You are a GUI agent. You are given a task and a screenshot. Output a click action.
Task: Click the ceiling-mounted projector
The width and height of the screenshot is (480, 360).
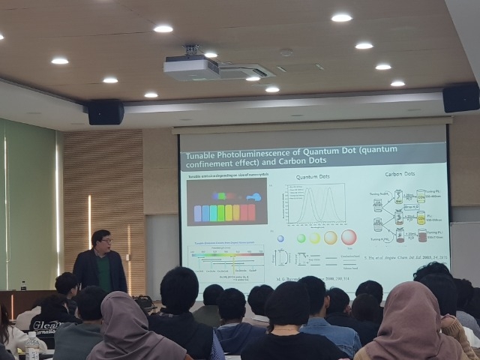coord(190,67)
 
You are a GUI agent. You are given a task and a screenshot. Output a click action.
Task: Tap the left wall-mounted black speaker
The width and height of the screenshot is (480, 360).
coord(106,112)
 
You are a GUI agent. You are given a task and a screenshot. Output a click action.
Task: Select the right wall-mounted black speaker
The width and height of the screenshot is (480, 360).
coord(460,97)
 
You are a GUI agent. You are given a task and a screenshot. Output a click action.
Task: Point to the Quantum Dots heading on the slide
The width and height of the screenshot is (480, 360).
coord(313,178)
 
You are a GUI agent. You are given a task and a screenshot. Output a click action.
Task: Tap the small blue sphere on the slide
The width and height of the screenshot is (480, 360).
coord(280,238)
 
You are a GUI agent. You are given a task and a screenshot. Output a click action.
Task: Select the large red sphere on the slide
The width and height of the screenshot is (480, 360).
coord(349,238)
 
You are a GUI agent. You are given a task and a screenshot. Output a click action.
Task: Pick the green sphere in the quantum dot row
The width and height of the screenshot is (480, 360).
coord(301,238)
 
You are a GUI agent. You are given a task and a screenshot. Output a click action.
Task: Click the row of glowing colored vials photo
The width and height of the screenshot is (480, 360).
coord(224,207)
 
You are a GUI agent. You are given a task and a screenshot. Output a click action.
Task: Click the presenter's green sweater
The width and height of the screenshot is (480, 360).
coord(105,274)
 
